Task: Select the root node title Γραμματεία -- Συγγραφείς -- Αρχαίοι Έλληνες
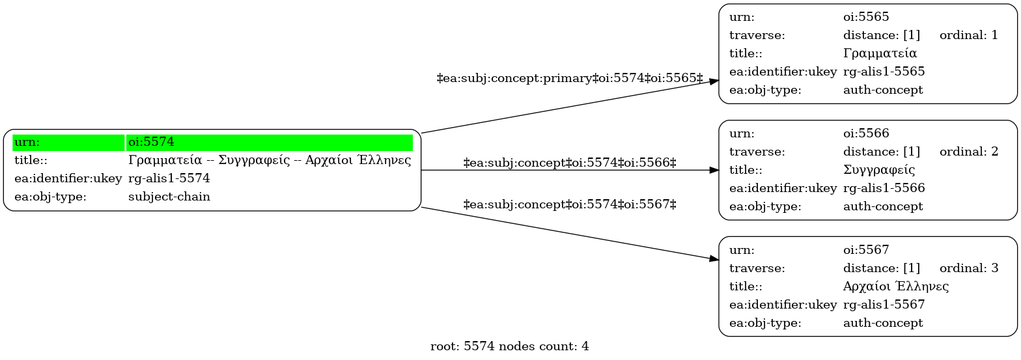(x=270, y=160)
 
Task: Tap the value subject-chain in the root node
(x=169, y=197)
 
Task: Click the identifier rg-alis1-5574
(x=169, y=178)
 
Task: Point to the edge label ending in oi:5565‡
(x=570, y=78)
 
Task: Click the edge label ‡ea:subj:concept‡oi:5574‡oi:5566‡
(x=570, y=163)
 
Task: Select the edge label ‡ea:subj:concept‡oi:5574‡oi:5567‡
(x=570, y=204)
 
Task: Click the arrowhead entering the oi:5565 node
(x=714, y=81)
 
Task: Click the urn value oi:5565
(x=866, y=17)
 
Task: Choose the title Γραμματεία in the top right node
(x=880, y=53)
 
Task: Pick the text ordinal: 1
(x=969, y=35)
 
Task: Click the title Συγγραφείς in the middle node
(x=879, y=170)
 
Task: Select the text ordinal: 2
(x=969, y=151)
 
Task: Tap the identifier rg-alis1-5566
(x=884, y=187)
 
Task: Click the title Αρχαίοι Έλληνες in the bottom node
(x=896, y=286)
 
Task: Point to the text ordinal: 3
(x=969, y=268)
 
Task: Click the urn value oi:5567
(x=866, y=250)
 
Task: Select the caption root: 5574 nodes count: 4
(x=510, y=346)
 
